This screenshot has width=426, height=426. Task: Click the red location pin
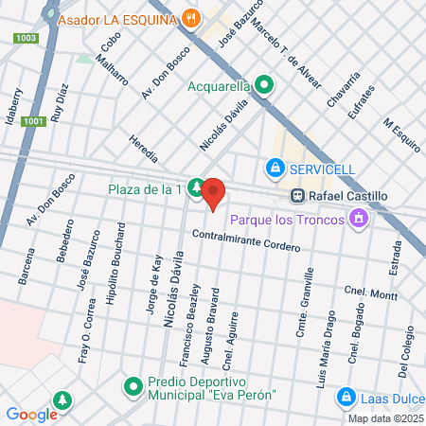(213, 192)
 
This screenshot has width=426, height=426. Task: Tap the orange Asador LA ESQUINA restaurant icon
(192, 18)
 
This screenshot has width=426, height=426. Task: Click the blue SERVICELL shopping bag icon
(275, 169)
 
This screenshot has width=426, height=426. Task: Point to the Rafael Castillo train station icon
(297, 196)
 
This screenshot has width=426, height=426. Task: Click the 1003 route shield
(27, 38)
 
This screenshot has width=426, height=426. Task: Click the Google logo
(32, 414)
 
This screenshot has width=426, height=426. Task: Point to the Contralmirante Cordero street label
(246, 240)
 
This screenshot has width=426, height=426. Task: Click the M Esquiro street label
(400, 134)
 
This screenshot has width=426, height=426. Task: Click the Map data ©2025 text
(383, 418)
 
